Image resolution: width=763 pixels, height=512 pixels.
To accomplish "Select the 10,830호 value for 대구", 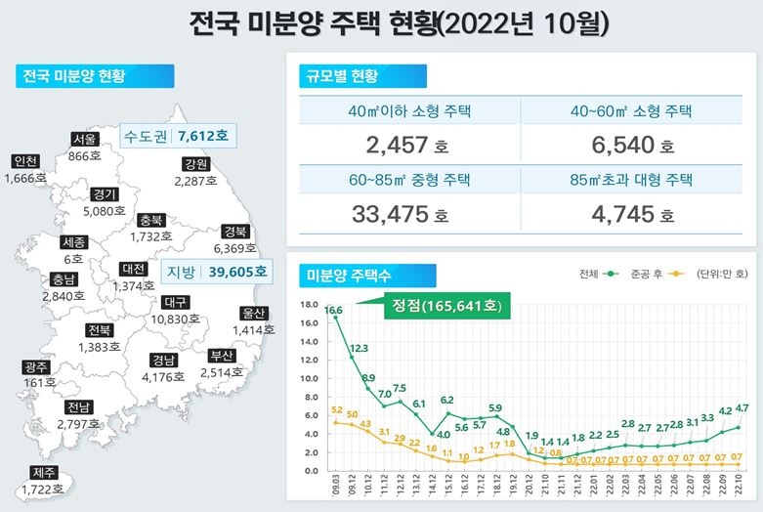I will pyautogui.click(x=176, y=320).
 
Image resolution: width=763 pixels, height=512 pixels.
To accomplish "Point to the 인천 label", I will pyautogui.click(x=25, y=161).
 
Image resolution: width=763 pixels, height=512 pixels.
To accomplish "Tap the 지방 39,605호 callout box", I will pyautogui.click(x=216, y=271).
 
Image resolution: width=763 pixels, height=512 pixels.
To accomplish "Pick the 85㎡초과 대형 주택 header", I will pyautogui.click(x=631, y=179).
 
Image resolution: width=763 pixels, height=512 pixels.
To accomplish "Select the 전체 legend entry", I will pyautogui.click(x=596, y=274).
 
